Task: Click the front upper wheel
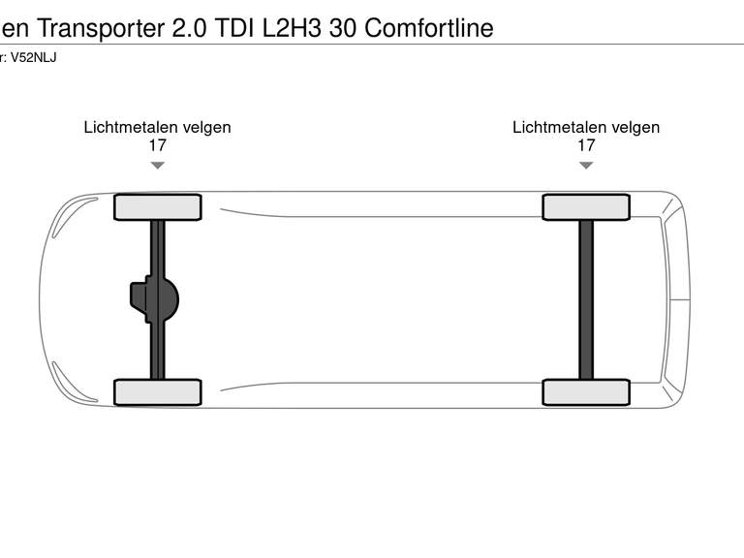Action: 158,207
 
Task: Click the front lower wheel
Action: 158,392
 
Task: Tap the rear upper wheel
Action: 586,207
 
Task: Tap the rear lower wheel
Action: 586,392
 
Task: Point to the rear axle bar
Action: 586,299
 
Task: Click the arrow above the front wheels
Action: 158,166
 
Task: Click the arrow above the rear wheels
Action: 586,166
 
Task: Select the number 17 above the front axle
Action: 158,146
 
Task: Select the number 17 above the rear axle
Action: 586,146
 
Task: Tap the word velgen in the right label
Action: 635,127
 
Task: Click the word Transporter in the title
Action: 101,28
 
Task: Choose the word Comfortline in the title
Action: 428,28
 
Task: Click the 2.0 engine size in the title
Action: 189,28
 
